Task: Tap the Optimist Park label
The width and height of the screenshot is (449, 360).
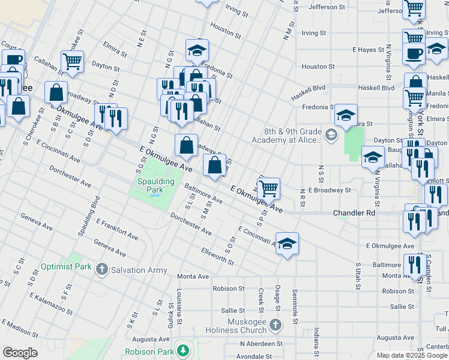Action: pos(64,266)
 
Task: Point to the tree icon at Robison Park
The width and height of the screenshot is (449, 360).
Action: pos(183,351)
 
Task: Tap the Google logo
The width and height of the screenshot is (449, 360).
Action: pos(20,353)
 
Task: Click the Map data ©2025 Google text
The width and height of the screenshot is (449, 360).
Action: pos(412,355)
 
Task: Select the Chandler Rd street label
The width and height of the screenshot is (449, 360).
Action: pos(354,213)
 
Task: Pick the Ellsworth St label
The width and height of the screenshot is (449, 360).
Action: pos(217,259)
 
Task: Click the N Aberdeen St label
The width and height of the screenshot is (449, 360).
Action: pos(261,344)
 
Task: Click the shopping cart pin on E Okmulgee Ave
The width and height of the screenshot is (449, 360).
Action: pos(269,188)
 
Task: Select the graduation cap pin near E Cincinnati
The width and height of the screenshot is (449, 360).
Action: pos(288,244)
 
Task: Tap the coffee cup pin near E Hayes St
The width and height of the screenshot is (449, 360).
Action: pos(414,53)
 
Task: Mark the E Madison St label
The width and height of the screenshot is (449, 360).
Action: pos(25,330)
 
